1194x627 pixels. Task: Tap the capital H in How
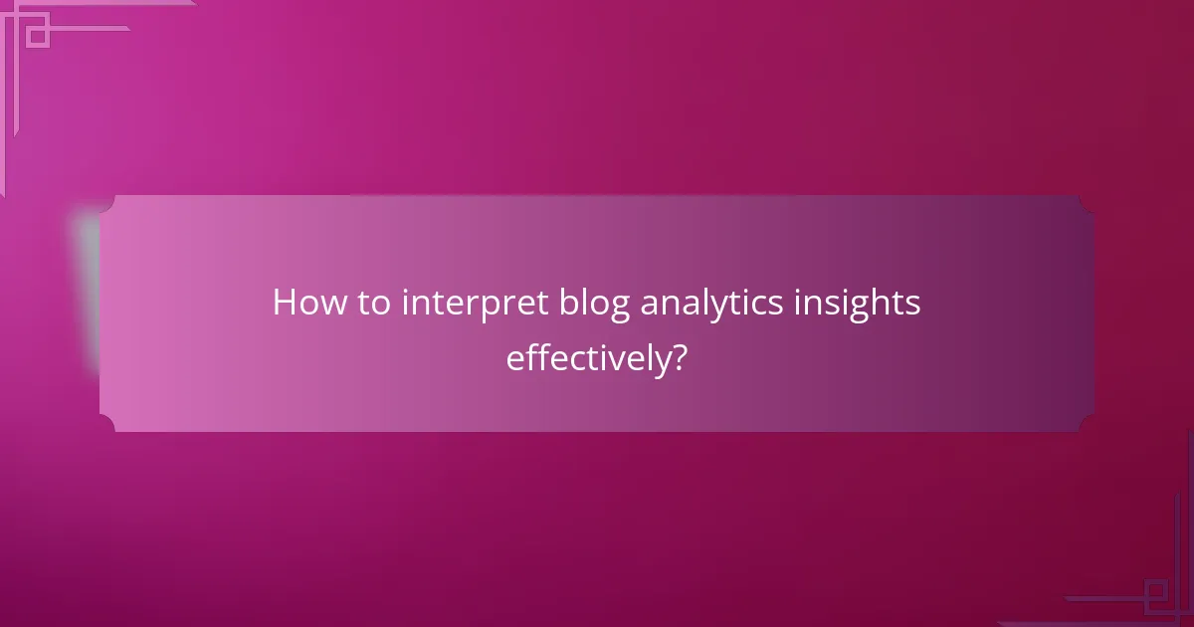pos(285,304)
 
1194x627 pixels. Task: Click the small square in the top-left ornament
pos(37,35)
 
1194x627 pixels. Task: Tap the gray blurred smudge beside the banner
pos(88,289)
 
